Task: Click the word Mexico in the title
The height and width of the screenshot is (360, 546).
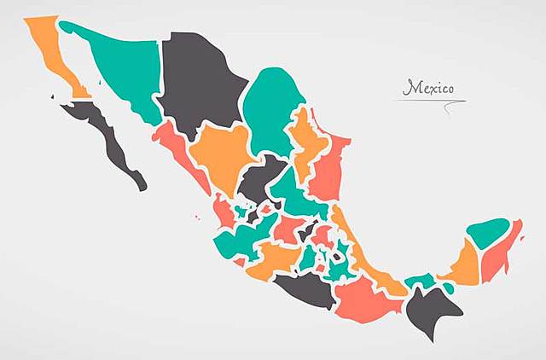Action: click(429, 87)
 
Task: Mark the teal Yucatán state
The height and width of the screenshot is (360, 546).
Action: click(488, 232)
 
